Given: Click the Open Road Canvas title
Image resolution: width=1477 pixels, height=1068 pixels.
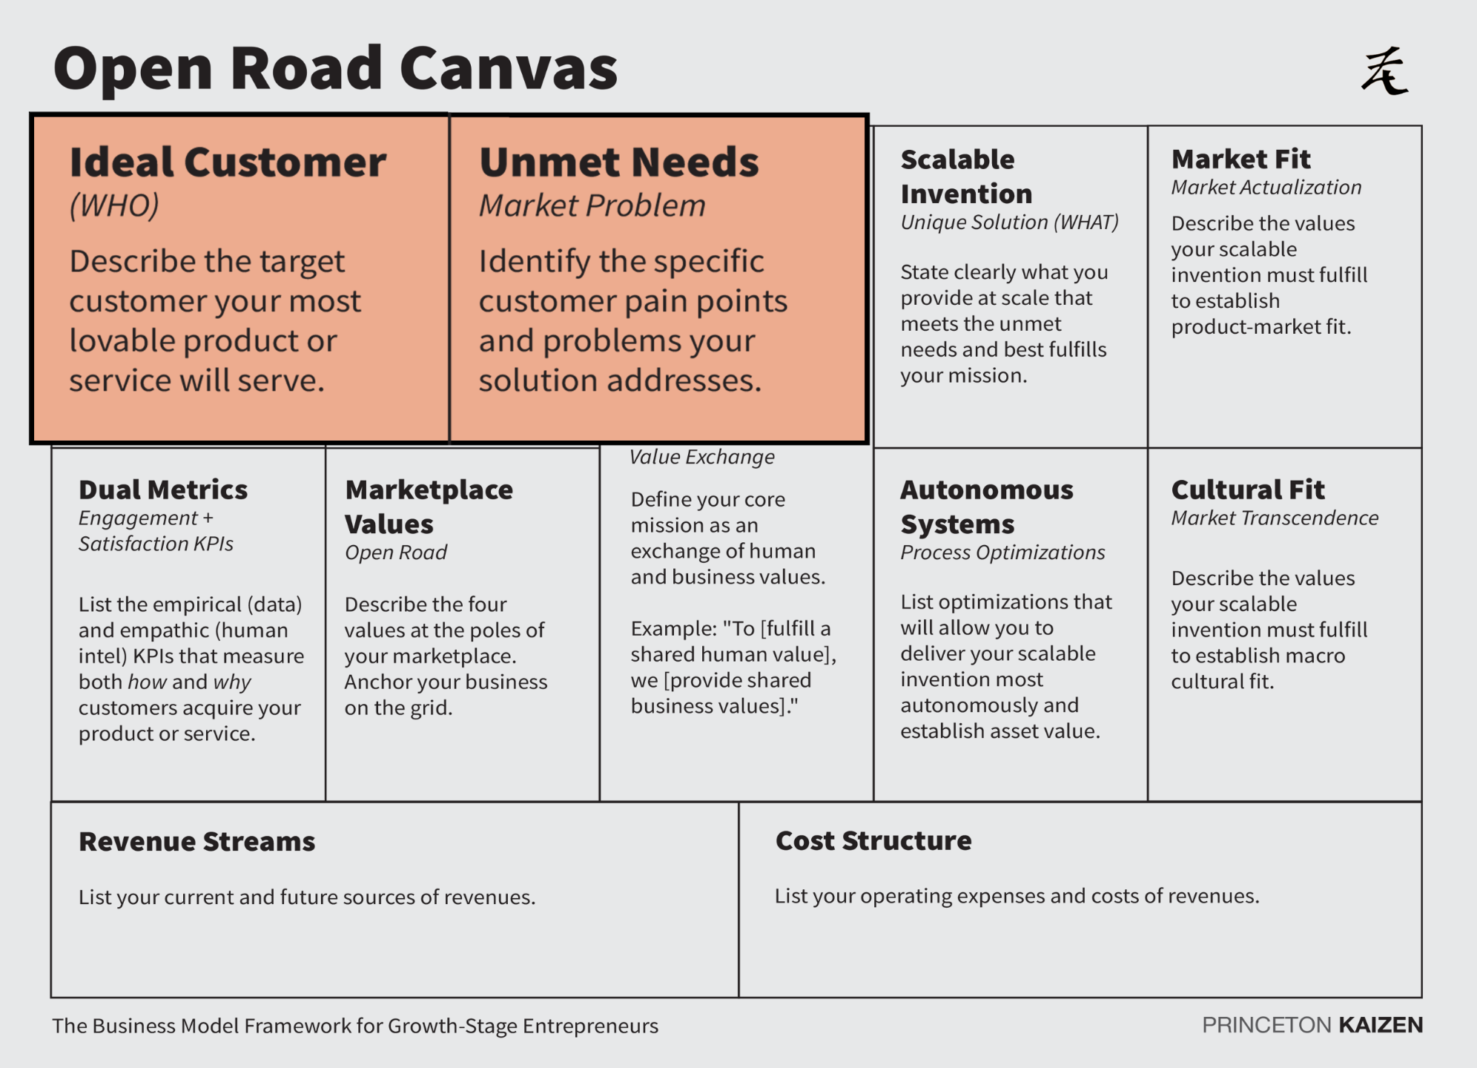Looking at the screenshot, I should (335, 69).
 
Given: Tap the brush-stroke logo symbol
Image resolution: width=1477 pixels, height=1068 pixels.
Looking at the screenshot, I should (1384, 71).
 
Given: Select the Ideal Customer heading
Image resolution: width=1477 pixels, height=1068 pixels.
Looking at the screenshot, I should (228, 162).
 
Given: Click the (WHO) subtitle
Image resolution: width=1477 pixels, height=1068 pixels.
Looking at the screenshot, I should (114, 205).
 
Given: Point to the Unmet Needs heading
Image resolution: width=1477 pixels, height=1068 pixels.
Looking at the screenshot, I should (619, 162).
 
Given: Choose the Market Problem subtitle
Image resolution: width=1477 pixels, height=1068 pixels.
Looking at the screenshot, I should (592, 205).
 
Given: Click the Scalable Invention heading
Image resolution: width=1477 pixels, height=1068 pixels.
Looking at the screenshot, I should (965, 177).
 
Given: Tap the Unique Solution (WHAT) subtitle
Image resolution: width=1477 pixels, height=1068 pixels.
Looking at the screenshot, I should (1009, 222).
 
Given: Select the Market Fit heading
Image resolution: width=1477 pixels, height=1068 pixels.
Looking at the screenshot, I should (1240, 159).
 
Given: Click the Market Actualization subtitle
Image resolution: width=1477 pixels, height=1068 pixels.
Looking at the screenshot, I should (1266, 187).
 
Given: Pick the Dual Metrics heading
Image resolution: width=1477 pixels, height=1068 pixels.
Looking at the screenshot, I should (163, 489).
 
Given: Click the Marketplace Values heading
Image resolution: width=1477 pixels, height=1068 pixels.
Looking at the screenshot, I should (429, 507).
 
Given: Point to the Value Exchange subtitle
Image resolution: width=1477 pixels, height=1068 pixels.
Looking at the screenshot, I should (701, 457).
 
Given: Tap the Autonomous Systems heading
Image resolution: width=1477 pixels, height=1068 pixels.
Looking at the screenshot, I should (986, 507).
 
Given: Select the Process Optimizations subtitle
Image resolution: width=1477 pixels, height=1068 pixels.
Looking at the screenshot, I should (1002, 553).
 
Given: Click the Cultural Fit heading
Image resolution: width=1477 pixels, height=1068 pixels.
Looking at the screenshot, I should (1247, 489).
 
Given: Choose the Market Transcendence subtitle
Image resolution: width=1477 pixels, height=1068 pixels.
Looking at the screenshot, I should (1275, 518).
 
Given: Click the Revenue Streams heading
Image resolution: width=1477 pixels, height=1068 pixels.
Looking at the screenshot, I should (196, 842).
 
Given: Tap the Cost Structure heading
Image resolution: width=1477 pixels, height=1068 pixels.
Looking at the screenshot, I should (873, 840).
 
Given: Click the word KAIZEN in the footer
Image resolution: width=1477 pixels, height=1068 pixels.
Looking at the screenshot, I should (1381, 1025).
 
